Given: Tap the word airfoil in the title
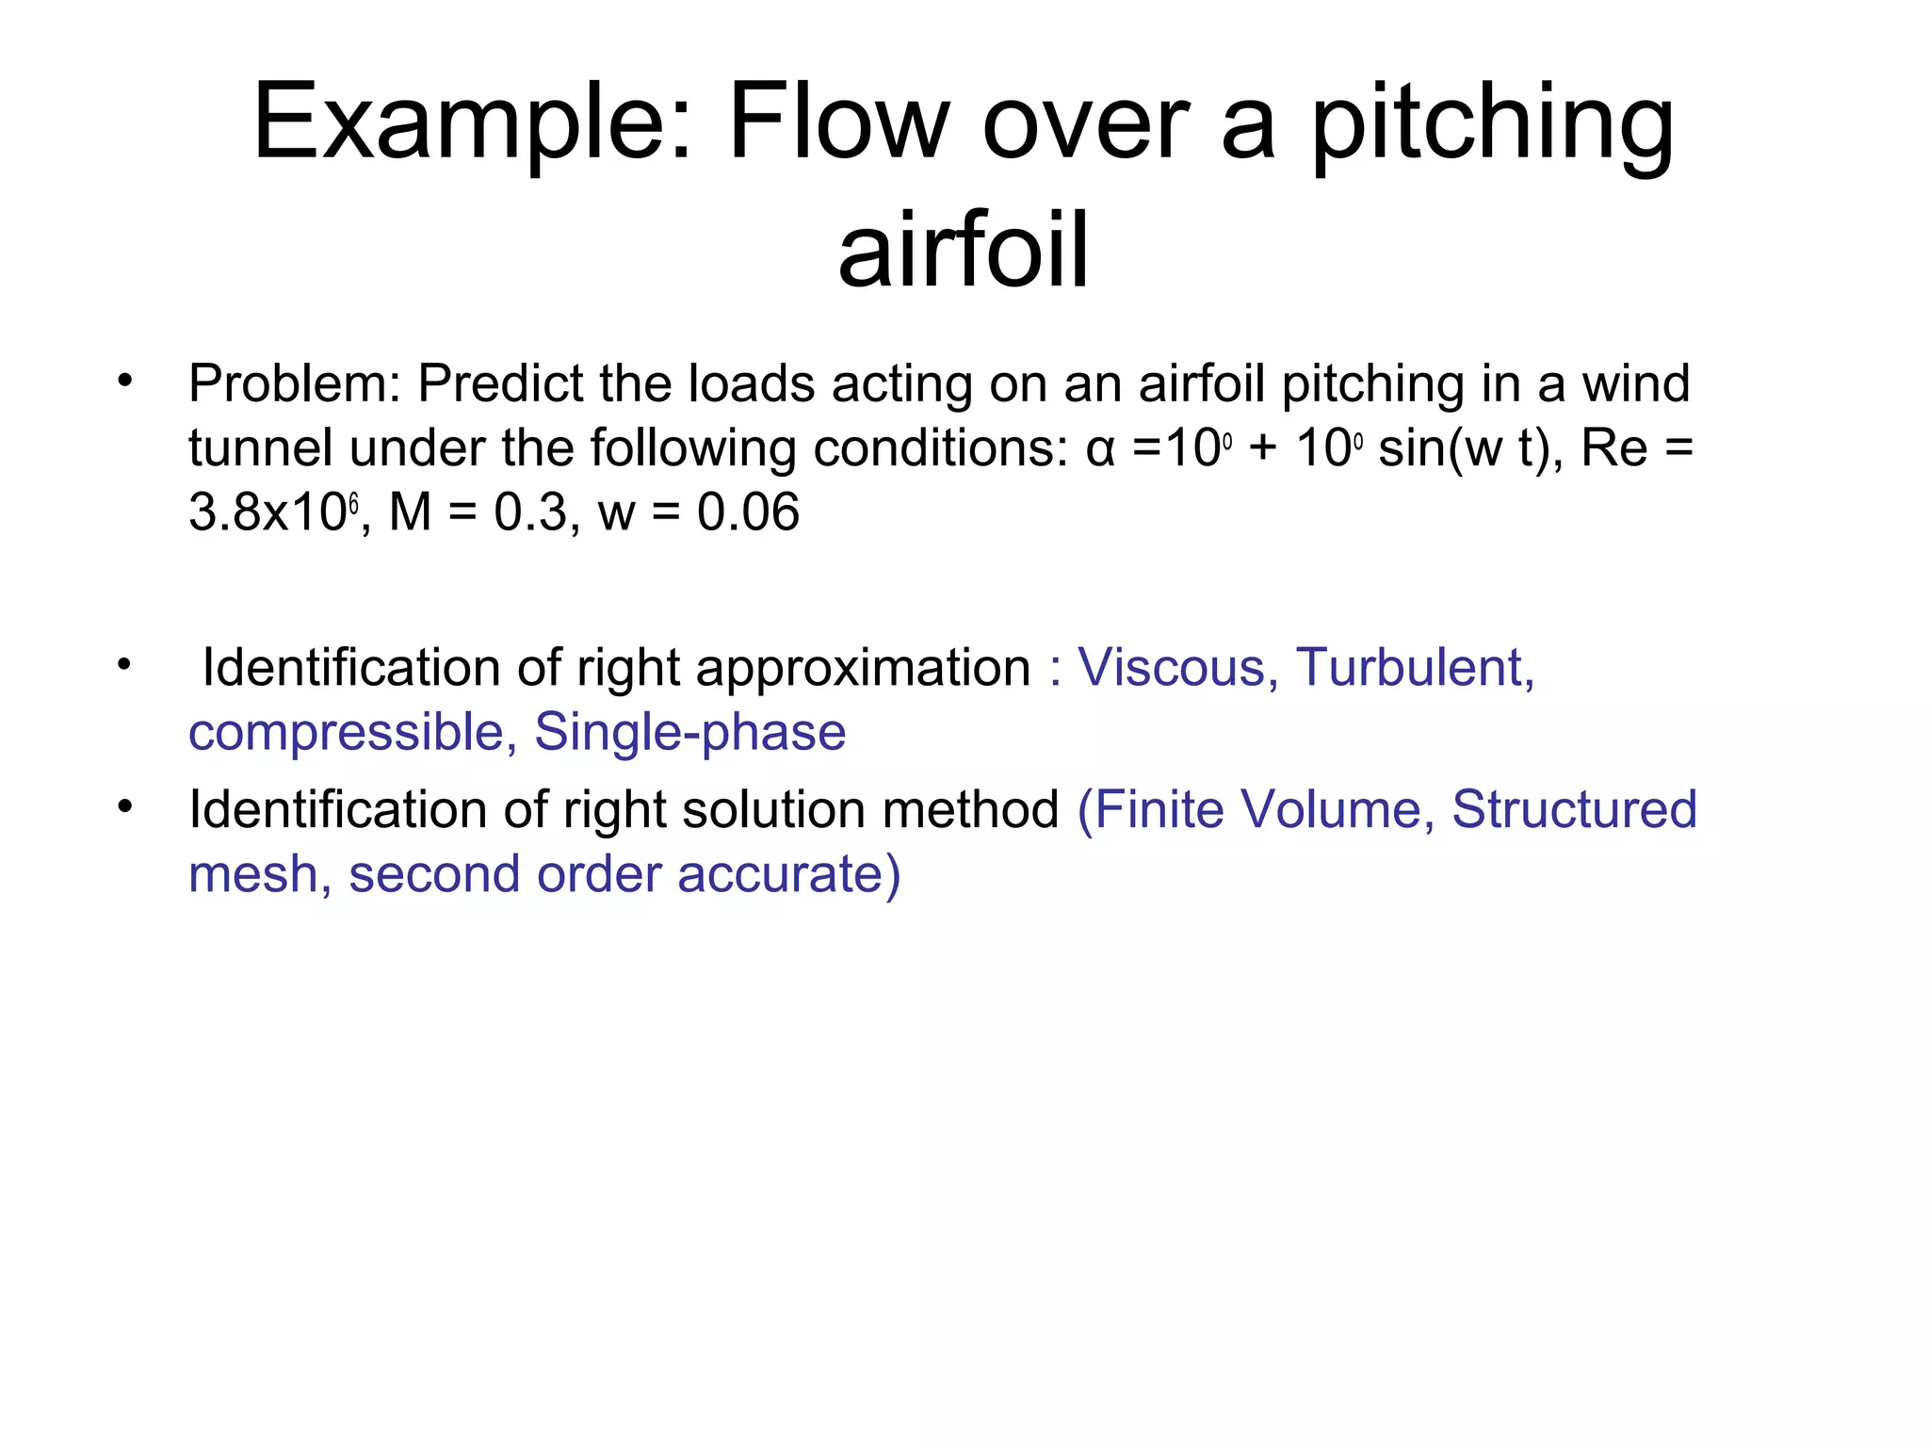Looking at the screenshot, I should (x=964, y=250).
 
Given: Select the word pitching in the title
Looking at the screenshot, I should (x=1493, y=122).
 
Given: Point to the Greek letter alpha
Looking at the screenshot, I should (x=1100, y=448).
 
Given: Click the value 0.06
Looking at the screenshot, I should (x=748, y=512).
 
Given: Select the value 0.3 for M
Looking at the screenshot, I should (x=531, y=512).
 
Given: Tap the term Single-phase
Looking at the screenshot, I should (x=690, y=732).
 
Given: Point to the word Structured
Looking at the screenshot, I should (x=1574, y=809).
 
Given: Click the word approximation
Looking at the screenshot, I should (x=863, y=668).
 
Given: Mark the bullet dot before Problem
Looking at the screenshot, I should (x=124, y=382).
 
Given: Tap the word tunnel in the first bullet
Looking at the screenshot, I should (x=260, y=448).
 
